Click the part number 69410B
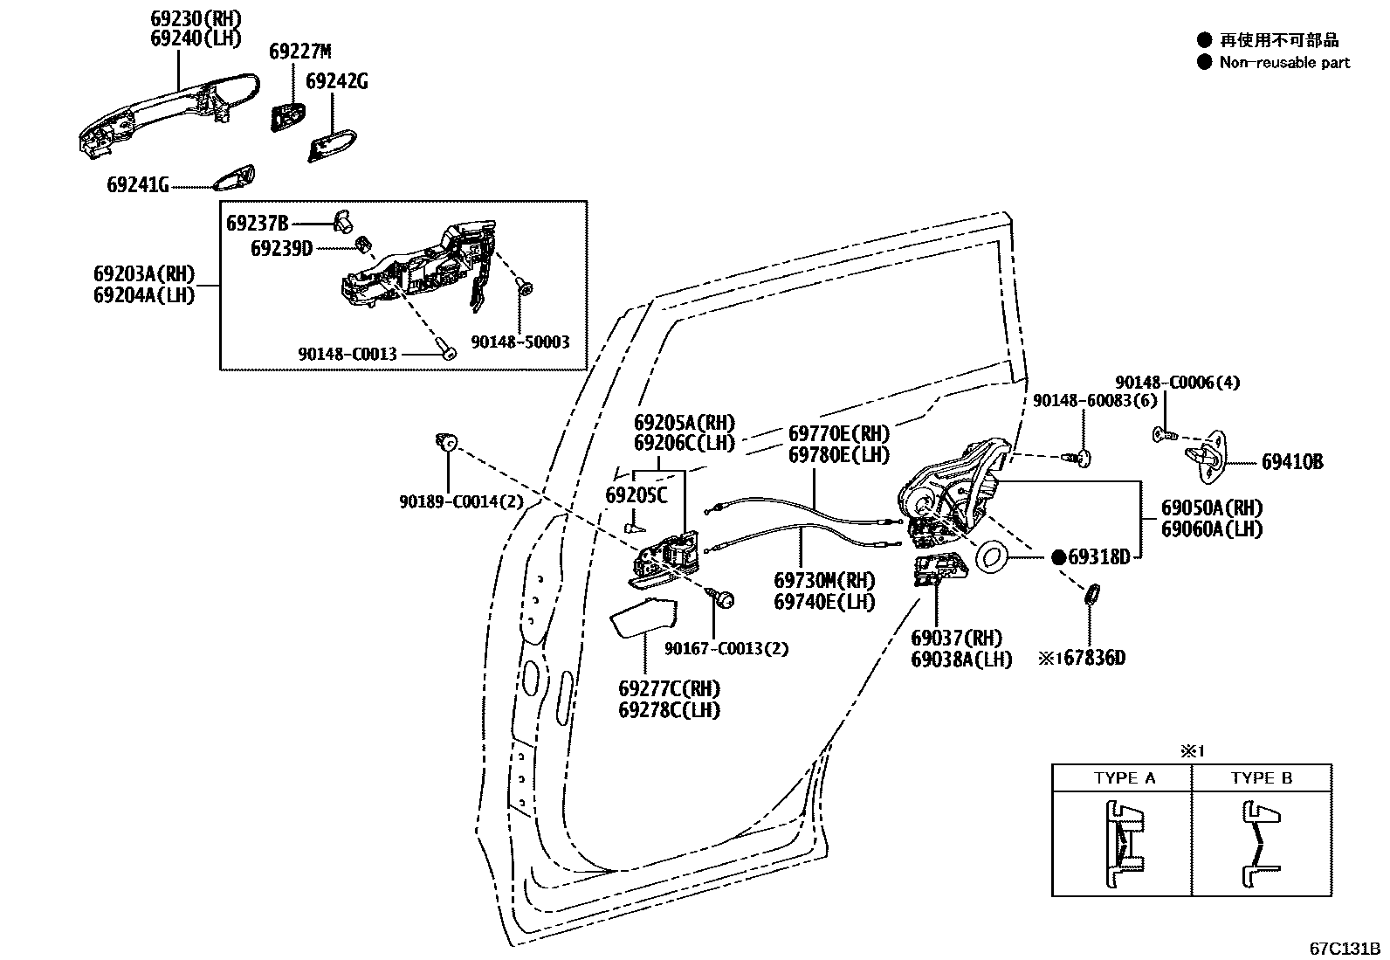tap(1291, 461)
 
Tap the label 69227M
tap(299, 52)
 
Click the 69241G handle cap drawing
tap(234, 177)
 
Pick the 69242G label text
tap(336, 81)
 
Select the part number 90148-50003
tap(520, 342)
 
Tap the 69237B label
tap(257, 224)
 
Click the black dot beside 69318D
tap(1058, 556)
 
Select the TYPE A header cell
tap(1123, 777)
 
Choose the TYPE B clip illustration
tap(1258, 846)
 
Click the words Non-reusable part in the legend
tap(1284, 62)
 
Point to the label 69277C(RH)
tap(669, 688)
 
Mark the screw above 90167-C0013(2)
tap(724, 599)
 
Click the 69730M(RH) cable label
tap(824, 581)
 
